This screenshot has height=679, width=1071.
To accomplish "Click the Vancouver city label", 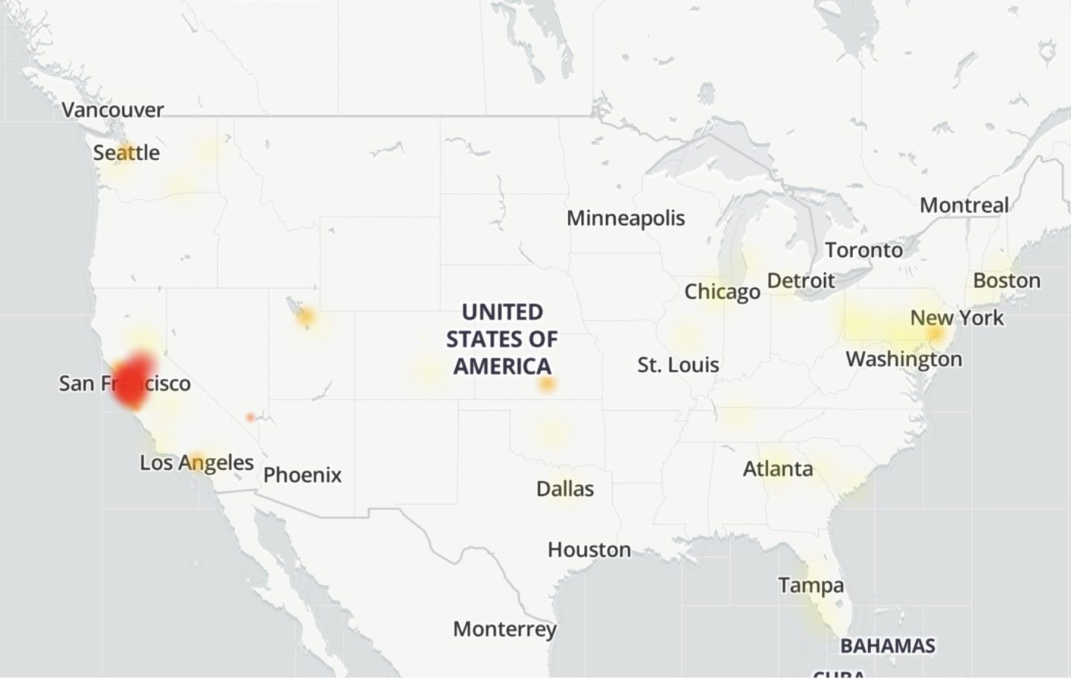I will (112, 110).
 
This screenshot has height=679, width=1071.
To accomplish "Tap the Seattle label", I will (126, 153).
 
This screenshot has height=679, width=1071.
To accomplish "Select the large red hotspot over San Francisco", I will (133, 379).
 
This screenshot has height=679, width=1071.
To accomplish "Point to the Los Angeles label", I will (196, 462).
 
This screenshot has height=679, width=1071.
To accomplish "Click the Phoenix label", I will (302, 475).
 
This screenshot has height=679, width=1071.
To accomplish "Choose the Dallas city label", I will (565, 489).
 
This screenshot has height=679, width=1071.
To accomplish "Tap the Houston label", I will (589, 550).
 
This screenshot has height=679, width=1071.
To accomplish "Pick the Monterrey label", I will (504, 629).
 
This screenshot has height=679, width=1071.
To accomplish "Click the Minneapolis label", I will (625, 218).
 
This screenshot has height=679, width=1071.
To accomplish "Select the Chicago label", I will (722, 292).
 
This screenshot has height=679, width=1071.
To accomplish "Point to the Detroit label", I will (801, 281).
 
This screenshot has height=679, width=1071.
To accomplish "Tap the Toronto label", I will (863, 250).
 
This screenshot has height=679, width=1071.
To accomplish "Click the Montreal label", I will (964, 205).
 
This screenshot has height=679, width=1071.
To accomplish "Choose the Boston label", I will (1006, 281).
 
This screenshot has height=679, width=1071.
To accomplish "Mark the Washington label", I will (904, 360).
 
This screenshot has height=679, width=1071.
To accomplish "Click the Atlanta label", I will (778, 469).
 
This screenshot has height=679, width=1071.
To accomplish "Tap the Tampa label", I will (811, 585).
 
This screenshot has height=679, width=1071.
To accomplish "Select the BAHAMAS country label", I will (887, 645).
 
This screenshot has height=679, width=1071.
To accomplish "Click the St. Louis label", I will (678, 365).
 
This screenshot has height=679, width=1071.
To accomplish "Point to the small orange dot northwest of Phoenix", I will (250, 417).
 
